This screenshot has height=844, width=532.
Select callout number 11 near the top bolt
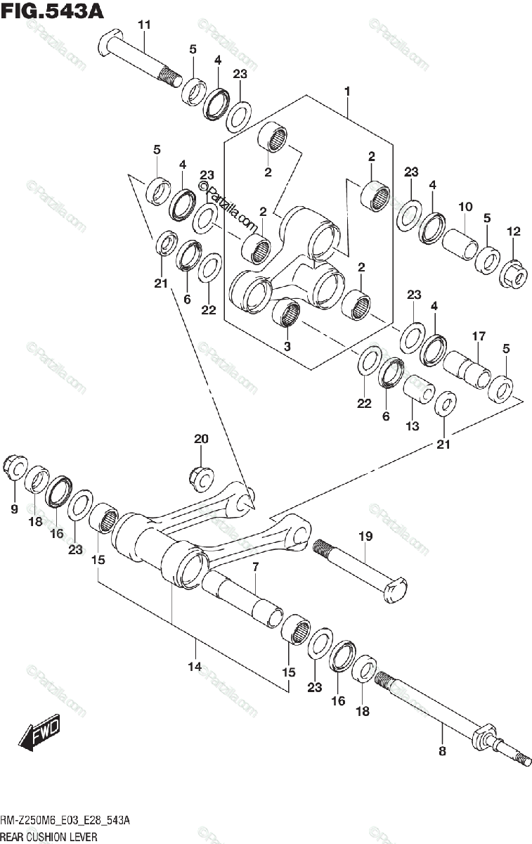(144, 25)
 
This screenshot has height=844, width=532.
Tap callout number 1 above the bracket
(347, 91)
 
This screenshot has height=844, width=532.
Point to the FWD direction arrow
(41, 732)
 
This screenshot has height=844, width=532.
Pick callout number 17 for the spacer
(479, 337)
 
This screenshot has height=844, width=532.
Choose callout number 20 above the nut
(201, 439)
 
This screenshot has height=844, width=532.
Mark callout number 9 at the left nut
(14, 509)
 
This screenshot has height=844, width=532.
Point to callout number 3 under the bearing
(287, 346)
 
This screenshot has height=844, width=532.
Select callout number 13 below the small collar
(412, 426)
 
